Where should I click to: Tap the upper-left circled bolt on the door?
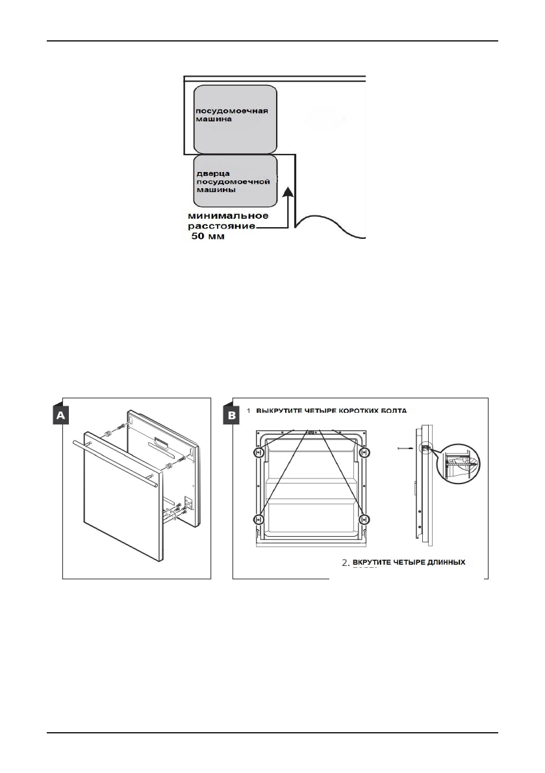(259, 452)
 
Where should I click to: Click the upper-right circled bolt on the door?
(364, 452)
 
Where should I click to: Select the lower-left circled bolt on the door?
(259, 519)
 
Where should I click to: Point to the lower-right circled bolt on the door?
(364, 519)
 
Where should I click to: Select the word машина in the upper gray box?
(210, 121)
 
